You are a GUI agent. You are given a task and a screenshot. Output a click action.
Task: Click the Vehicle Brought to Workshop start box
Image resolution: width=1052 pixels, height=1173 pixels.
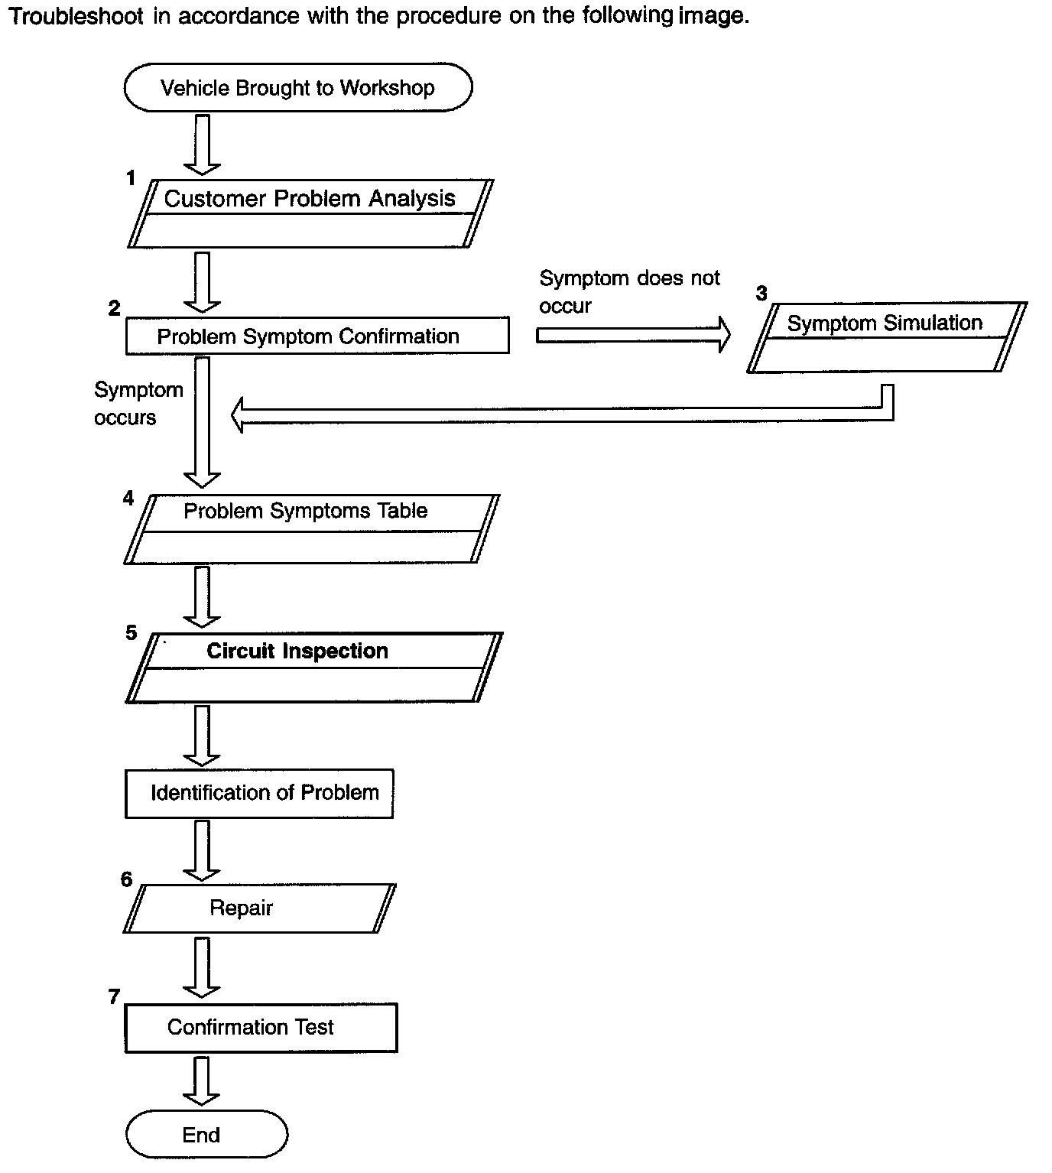click(x=298, y=87)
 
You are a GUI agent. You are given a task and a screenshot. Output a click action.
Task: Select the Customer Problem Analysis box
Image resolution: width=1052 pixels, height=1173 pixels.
click(x=310, y=213)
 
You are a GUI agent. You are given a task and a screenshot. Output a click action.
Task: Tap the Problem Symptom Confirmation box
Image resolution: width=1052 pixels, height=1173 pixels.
click(x=317, y=335)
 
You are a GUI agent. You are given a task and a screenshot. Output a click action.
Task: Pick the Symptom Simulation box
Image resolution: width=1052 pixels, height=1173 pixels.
click(x=887, y=337)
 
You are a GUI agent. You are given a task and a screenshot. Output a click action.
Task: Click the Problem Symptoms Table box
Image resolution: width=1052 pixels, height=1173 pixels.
click(x=311, y=528)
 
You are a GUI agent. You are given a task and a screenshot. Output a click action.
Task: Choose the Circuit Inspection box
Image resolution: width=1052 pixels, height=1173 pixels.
click(x=313, y=668)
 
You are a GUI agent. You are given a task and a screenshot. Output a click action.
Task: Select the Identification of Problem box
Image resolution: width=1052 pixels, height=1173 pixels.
click(x=259, y=793)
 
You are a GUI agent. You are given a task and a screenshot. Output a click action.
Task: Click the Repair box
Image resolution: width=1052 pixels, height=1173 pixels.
click(x=259, y=908)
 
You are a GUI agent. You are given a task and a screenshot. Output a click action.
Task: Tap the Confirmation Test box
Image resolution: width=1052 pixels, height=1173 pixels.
click(x=261, y=1027)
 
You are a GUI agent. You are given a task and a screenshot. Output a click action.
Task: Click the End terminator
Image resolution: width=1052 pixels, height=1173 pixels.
click(x=206, y=1134)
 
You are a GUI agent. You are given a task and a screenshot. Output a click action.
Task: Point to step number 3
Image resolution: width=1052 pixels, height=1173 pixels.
click(x=761, y=293)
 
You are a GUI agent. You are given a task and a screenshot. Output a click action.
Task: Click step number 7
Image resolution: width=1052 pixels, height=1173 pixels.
click(x=114, y=996)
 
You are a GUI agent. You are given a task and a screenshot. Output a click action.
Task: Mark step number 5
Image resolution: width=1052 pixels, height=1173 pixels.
click(x=131, y=632)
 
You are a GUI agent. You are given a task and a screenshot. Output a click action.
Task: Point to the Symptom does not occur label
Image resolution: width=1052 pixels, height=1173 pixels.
click(x=629, y=292)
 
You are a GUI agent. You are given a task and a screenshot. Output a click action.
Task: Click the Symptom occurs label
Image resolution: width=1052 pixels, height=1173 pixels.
click(x=138, y=404)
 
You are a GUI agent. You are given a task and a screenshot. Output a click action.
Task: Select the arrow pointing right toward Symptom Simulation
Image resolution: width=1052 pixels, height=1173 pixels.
click(x=633, y=335)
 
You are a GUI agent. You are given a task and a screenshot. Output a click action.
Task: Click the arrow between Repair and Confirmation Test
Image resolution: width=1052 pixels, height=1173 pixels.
click(x=202, y=967)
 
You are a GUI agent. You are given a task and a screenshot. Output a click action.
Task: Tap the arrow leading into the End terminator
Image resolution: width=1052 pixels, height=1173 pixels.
click(x=202, y=1081)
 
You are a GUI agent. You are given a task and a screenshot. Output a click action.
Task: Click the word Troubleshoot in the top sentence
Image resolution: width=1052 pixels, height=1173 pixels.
click(x=76, y=16)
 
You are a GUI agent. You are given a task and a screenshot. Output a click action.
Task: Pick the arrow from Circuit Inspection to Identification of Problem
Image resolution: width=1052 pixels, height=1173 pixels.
click(x=202, y=736)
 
